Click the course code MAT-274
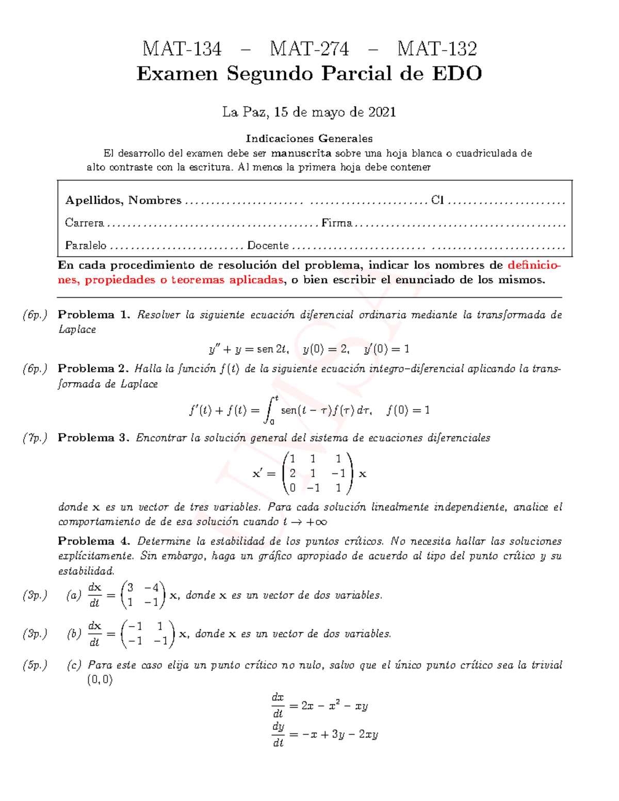(x=309, y=49)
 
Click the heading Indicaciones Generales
(x=309, y=138)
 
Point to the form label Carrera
(x=84, y=223)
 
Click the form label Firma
(x=336, y=223)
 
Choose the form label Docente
(x=268, y=246)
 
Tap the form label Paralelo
(x=86, y=246)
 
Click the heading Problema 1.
(x=94, y=315)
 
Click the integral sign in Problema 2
(x=269, y=410)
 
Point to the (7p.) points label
(x=35, y=438)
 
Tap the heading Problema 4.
(x=94, y=541)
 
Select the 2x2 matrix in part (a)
(x=143, y=595)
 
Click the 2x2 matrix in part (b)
(x=148, y=633)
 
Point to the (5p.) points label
(x=35, y=665)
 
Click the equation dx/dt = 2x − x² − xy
(x=319, y=706)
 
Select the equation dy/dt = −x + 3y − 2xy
(x=324, y=734)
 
